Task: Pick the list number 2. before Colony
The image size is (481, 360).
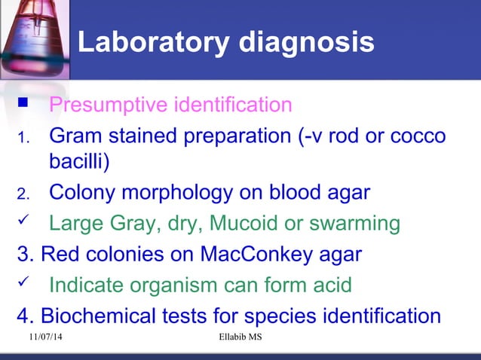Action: tap(23, 194)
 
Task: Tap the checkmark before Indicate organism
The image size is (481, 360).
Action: tap(23, 285)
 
